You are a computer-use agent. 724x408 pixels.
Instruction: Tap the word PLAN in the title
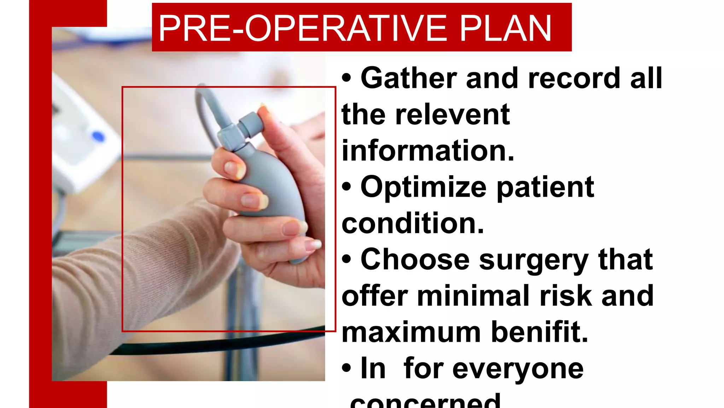[x=505, y=28]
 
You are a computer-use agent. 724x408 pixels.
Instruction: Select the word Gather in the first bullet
[x=409, y=78]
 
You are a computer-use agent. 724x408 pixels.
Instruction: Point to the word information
[x=428, y=151]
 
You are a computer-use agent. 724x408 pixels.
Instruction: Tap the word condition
[x=413, y=224]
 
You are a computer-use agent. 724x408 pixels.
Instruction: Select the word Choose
[x=415, y=260]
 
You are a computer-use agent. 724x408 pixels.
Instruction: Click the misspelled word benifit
[x=539, y=332]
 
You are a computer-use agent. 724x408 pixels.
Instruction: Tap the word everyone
[x=518, y=369]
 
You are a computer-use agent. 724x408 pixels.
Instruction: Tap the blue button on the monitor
[x=98, y=136]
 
